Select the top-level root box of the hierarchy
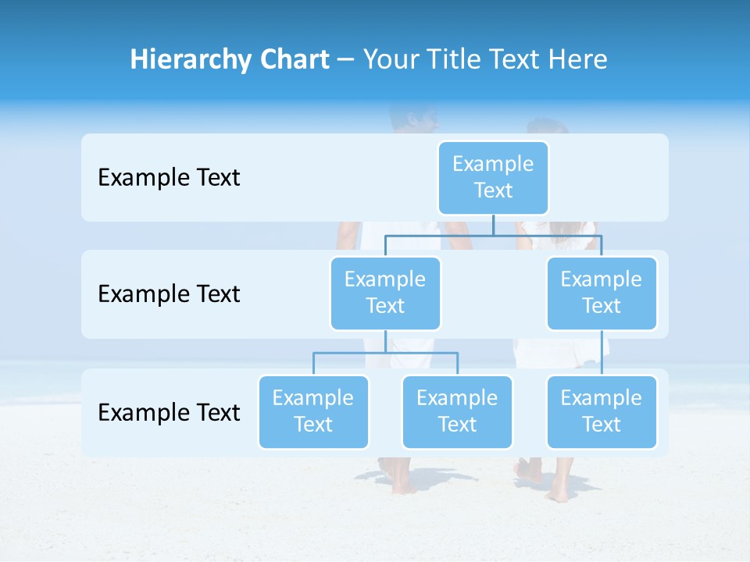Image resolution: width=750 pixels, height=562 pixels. (493, 177)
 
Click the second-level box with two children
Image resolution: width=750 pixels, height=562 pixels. (385, 293)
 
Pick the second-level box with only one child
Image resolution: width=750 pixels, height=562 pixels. (601, 293)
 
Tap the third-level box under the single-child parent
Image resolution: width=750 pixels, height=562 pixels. (601, 411)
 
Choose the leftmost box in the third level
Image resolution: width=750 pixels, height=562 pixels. (313, 411)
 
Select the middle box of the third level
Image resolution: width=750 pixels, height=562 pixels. (457, 411)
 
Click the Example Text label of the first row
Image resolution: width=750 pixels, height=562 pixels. (169, 178)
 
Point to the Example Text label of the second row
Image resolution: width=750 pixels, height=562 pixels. (169, 294)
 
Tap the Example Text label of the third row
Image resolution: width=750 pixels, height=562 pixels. (169, 412)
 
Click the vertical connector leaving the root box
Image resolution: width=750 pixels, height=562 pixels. (493, 225)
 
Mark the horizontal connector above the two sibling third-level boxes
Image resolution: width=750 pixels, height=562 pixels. (385, 353)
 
